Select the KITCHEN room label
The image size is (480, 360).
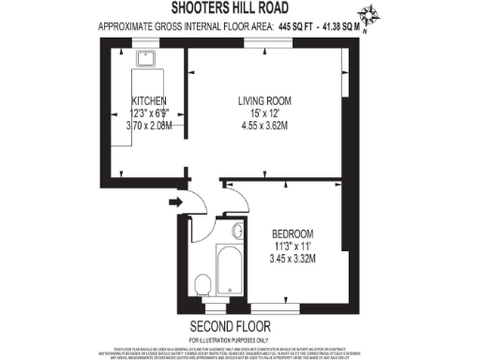pos(149,100)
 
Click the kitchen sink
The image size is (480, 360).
pos(146,59)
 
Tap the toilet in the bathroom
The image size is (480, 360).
pos(202,284)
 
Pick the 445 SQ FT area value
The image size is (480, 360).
pos(294,27)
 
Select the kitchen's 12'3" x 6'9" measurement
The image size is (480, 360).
pos(150,112)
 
